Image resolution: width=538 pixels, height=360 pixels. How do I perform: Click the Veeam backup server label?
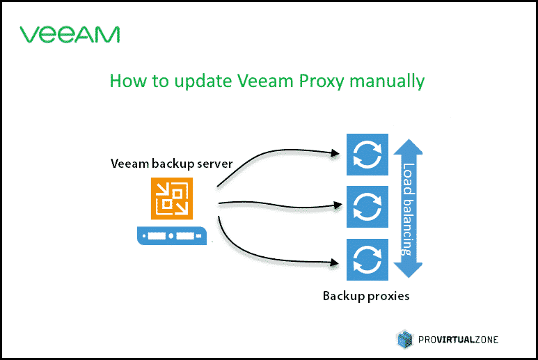click(x=172, y=164)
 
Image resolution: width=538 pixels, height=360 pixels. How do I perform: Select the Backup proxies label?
click(x=366, y=295)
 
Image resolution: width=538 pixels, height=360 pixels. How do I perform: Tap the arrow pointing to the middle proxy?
click(x=278, y=203)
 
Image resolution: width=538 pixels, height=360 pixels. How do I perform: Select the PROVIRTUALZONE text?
click(x=457, y=340)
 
